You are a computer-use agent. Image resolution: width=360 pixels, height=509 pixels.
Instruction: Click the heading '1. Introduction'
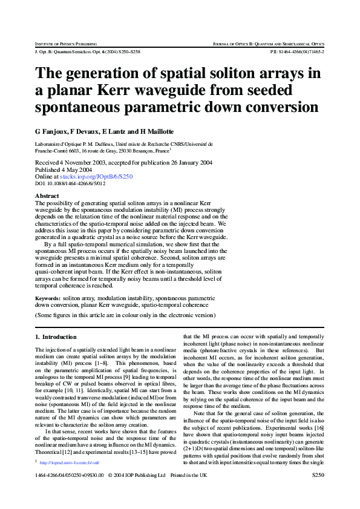click(56, 337)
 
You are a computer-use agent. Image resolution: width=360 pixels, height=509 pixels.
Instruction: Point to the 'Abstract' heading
click(47, 196)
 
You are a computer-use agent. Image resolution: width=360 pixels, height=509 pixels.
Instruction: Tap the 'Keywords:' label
click(48, 298)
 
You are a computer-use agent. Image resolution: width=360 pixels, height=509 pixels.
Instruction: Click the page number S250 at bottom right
click(318, 493)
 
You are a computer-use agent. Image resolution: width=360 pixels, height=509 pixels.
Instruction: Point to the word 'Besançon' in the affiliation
click(140, 151)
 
